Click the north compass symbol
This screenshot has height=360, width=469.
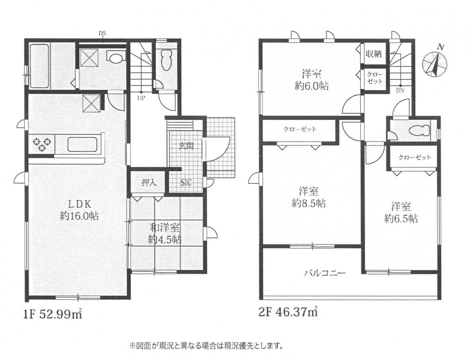tap(435, 63)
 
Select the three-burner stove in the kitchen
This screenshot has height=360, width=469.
tap(42, 144)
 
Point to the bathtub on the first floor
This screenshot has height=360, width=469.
tap(39, 66)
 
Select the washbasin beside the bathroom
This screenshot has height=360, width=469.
tap(116, 57)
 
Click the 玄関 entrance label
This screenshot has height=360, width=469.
tap(186, 146)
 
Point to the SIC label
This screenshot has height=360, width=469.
tap(186, 183)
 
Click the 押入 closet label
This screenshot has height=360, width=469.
tap(149, 182)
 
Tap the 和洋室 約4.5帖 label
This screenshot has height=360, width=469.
tap(164, 233)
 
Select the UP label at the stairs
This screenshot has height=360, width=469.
tap(141, 98)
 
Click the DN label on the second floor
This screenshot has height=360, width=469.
tap(400, 90)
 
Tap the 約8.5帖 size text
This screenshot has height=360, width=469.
tap(309, 203)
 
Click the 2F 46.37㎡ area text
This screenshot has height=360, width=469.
tap(288, 312)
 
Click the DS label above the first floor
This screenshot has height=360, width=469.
tap(103, 33)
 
